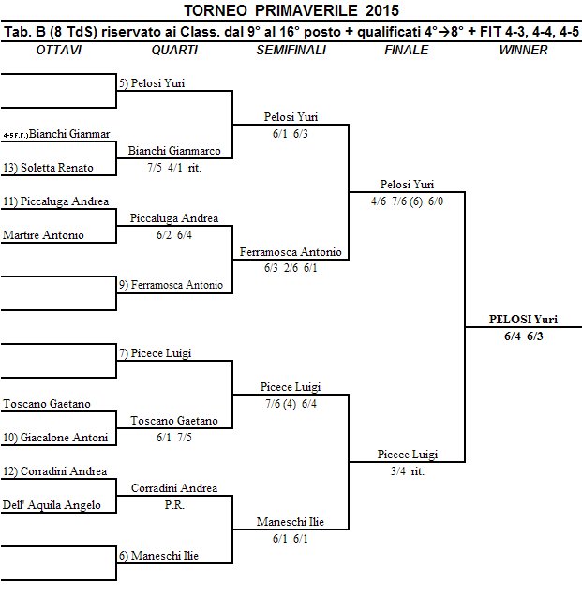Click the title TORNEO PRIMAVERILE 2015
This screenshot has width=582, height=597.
click(x=291, y=11)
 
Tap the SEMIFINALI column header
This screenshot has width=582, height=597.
click(x=291, y=50)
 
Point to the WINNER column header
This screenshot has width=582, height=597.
click(x=523, y=50)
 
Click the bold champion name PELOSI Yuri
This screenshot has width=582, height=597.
click(x=523, y=320)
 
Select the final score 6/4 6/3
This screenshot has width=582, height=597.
click(x=523, y=335)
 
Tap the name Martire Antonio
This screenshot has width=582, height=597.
click(x=43, y=235)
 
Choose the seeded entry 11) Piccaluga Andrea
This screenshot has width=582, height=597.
click(x=56, y=201)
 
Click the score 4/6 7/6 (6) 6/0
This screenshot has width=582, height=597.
click(x=407, y=201)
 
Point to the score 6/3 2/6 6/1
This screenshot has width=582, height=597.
click(x=291, y=267)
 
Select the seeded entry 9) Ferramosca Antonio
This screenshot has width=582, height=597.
click(x=171, y=285)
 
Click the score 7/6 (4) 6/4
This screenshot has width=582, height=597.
click(x=291, y=403)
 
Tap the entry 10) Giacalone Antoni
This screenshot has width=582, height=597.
click(x=56, y=438)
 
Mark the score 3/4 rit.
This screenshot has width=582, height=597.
click(x=407, y=470)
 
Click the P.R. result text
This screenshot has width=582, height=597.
click(x=174, y=505)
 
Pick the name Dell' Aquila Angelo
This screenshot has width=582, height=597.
click(x=51, y=505)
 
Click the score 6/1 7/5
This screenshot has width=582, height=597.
click(x=174, y=437)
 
